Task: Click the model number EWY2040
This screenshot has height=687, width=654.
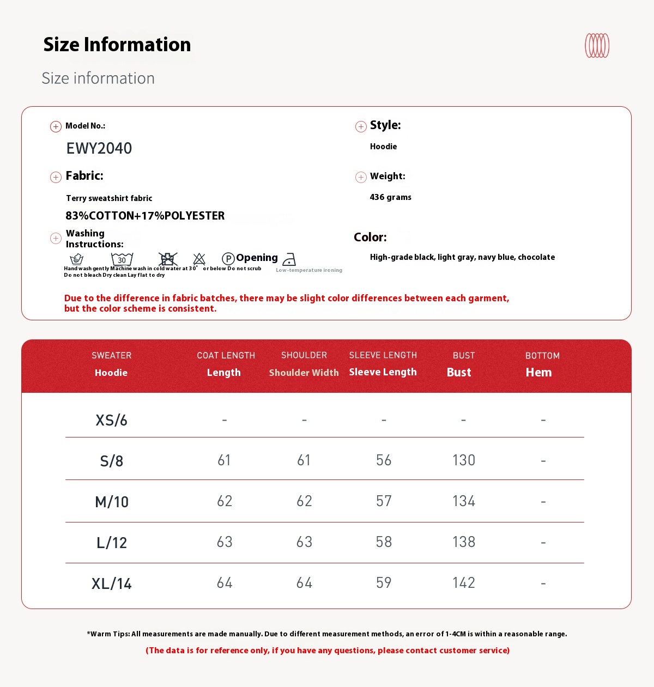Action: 99,148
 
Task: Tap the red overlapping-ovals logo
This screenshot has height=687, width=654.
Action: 597,46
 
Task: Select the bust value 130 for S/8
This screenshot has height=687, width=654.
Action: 464,460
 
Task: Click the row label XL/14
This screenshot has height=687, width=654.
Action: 112,583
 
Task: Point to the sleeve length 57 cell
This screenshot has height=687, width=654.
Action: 384,501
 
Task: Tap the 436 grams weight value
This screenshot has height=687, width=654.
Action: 390,197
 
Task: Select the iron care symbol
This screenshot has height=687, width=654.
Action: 289,259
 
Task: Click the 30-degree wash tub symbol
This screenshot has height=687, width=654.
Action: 122,259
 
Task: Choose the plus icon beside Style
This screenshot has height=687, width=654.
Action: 361,127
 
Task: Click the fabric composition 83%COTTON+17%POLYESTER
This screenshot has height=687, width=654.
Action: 145,216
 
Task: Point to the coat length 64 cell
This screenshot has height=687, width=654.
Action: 225,583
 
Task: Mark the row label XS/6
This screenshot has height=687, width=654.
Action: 112,420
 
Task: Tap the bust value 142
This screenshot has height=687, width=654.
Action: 464,583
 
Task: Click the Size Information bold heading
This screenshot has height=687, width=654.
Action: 117,45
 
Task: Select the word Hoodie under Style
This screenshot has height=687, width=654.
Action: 383,147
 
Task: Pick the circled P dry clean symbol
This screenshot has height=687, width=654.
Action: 228,259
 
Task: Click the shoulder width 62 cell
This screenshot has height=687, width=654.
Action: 304,501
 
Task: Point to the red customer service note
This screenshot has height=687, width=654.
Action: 328,650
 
